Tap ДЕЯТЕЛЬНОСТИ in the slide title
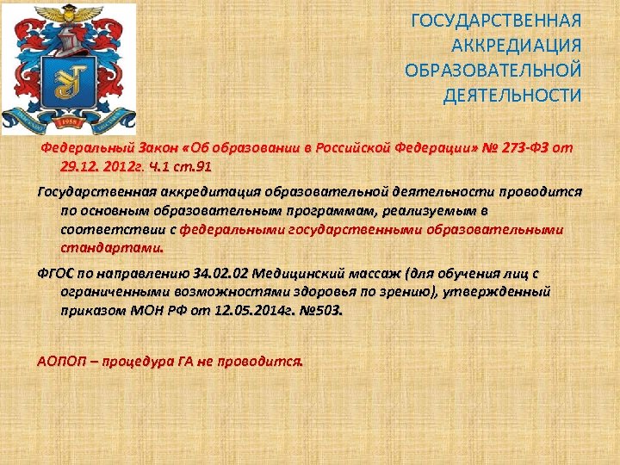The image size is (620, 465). point(512,95)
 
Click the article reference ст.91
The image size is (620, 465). point(193,166)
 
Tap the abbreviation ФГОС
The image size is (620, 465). point(58,274)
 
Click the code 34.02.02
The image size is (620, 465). point(220,274)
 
